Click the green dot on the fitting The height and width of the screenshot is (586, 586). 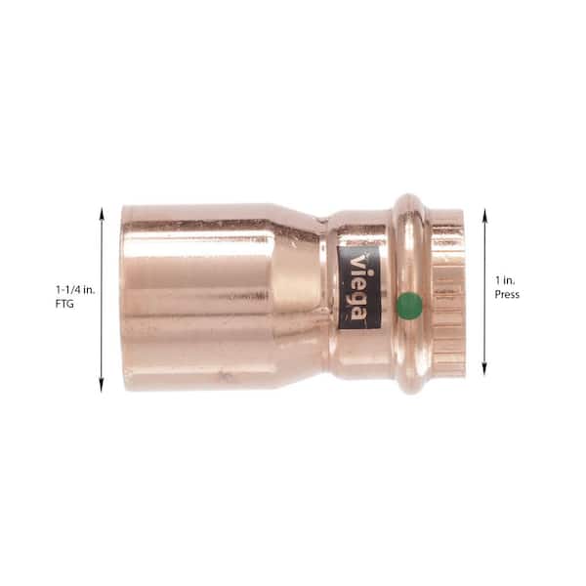coord(409,306)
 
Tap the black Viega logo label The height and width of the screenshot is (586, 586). coord(358,287)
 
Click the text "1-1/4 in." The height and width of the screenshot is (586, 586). coord(75,290)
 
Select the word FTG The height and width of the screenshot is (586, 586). coord(64,304)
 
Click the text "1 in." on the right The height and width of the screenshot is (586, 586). coord(505,280)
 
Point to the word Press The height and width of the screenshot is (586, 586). coord(507,295)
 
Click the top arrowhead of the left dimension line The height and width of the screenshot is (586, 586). coord(101,213)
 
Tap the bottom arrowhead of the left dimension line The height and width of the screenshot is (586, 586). coord(101,386)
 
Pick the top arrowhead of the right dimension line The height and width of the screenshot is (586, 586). coord(484,215)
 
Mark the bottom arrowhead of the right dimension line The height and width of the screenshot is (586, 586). coord(484,369)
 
